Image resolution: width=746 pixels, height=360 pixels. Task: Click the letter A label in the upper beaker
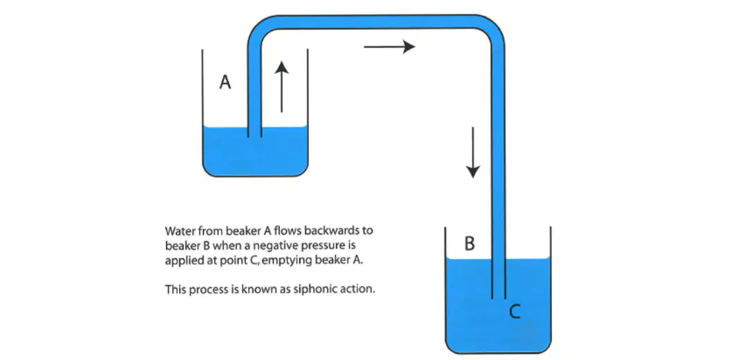[225, 82]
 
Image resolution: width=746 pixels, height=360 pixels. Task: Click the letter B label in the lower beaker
[470, 243]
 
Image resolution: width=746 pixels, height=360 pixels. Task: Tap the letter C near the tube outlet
[515, 312]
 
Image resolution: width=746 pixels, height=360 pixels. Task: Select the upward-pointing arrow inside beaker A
[282, 87]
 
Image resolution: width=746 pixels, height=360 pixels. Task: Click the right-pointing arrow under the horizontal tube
[390, 46]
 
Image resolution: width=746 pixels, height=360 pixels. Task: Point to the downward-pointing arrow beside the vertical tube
[472, 153]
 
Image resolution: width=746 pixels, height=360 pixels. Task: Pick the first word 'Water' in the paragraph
[178, 231]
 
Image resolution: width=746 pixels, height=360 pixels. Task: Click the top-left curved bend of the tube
[256, 28]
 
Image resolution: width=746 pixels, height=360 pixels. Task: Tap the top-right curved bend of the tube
[494, 28]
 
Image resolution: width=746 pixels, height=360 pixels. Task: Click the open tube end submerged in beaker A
[254, 136]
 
